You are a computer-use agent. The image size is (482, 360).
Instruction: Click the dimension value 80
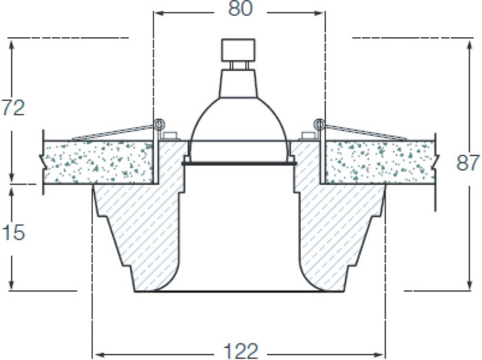pyautogui.click(x=240, y=8)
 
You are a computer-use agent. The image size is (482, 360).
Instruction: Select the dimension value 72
pyautogui.click(x=13, y=108)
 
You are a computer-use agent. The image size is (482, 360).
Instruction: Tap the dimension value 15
pyautogui.click(x=13, y=232)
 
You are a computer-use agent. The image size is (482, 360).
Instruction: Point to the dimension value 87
pyautogui.click(x=468, y=163)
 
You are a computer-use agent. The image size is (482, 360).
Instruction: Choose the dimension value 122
pyautogui.click(x=241, y=351)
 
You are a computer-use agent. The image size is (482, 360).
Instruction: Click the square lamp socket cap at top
pyautogui.click(x=238, y=50)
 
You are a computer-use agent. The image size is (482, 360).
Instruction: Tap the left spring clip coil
pyautogui.click(x=159, y=125)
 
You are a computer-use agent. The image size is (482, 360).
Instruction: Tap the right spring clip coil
pyautogui.click(x=319, y=125)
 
